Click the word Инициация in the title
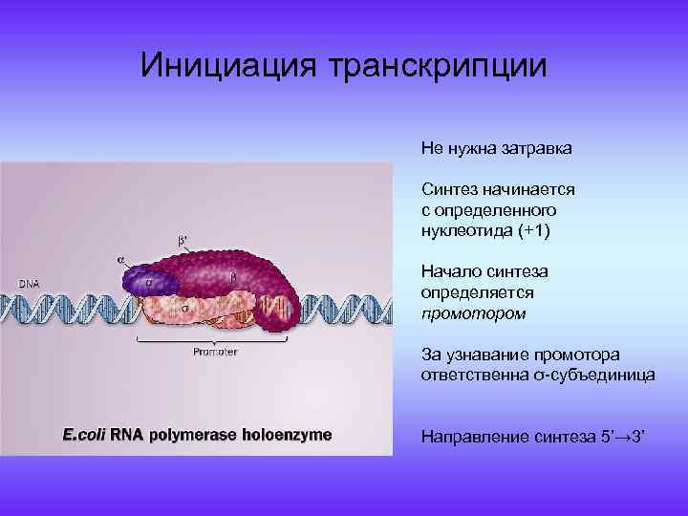pos(228,66)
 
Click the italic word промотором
pos(473,312)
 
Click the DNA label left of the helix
pos(30,283)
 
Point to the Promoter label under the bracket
pos(215,351)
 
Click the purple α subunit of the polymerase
pos(149,282)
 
